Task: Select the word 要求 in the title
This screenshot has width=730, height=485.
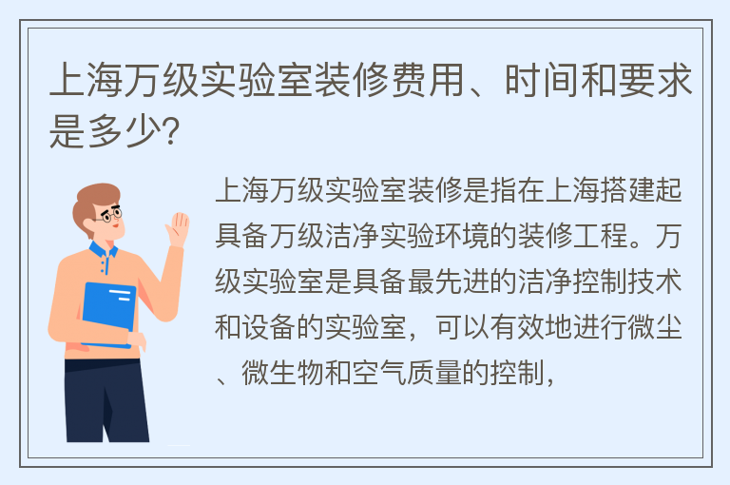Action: click(x=656, y=80)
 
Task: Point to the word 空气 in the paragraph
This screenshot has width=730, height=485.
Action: click(x=379, y=373)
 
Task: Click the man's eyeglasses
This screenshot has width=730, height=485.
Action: click(x=111, y=215)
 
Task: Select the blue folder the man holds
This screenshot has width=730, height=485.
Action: click(x=109, y=315)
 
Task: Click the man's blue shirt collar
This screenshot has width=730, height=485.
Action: click(x=104, y=252)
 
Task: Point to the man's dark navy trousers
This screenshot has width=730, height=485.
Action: click(x=106, y=400)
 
